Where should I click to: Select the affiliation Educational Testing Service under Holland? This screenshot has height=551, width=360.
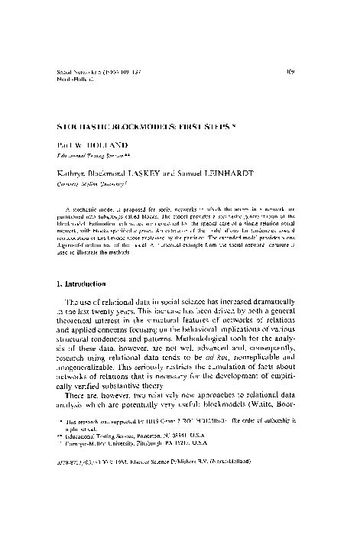[91, 152]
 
